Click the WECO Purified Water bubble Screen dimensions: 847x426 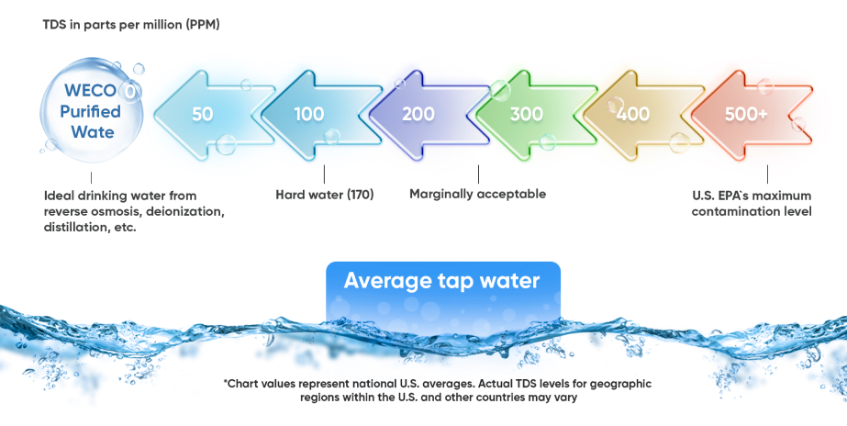91,110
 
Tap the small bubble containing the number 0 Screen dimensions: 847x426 129,93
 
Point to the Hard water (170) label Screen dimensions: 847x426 325,195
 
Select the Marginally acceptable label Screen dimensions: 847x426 477,194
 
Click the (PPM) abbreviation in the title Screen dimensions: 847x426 203,25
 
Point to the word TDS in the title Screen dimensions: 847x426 54,25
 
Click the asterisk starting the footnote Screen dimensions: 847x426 225,382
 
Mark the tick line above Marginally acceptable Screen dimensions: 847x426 478,174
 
